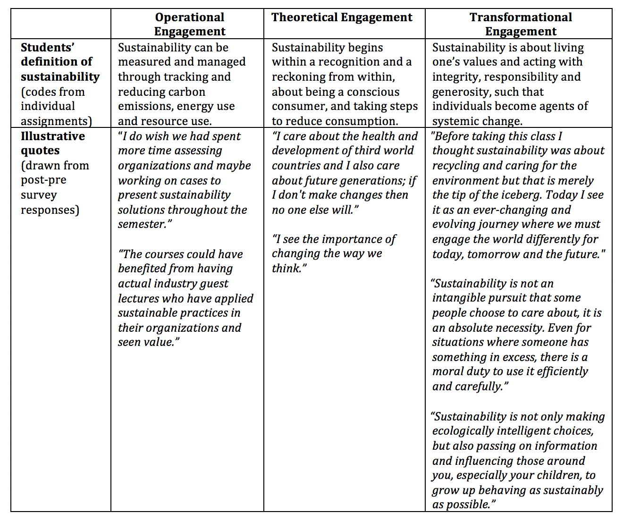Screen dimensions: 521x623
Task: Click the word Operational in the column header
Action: [190, 17]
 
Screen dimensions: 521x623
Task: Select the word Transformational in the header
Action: [521, 17]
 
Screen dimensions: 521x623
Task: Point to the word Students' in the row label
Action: [48, 48]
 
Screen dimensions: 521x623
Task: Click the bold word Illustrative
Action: [53, 136]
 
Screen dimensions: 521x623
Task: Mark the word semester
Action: [142, 224]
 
